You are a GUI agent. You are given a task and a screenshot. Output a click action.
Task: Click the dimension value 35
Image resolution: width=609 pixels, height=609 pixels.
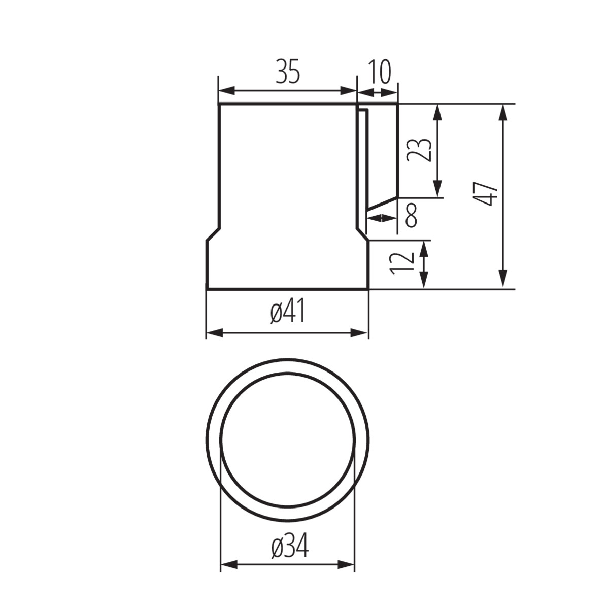click(x=287, y=72)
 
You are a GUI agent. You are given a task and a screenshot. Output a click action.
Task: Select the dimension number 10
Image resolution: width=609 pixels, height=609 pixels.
click(x=380, y=72)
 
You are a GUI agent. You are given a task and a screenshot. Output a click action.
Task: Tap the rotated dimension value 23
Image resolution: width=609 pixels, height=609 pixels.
click(x=419, y=150)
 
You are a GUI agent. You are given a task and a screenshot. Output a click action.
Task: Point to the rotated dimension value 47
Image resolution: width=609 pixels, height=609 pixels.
click(x=486, y=194)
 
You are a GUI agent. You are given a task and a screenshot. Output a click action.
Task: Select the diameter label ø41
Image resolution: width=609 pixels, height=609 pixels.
click(x=288, y=311)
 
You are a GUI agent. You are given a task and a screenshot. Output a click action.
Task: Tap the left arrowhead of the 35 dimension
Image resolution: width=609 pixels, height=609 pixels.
click(x=227, y=91)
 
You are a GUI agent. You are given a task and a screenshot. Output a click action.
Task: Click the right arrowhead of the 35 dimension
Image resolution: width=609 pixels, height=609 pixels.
click(x=348, y=91)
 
